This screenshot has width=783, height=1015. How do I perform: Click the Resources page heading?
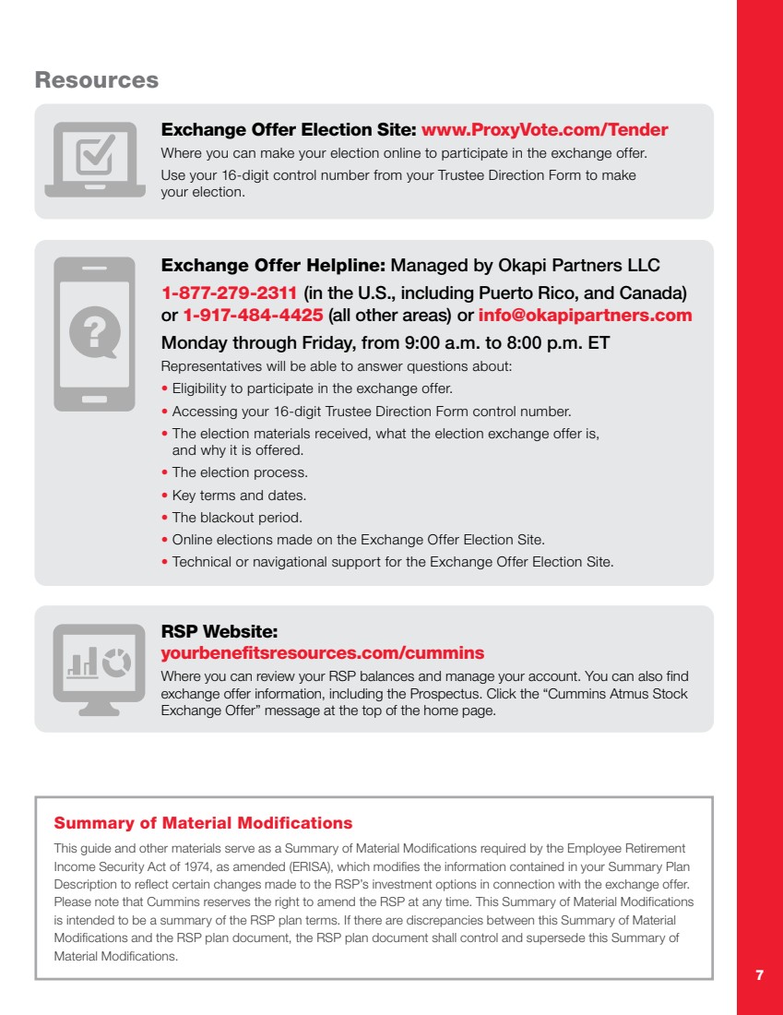pos(97,80)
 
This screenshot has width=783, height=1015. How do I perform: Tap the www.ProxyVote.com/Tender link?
pos(544,130)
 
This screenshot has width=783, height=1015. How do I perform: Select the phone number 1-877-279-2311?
pos(229,294)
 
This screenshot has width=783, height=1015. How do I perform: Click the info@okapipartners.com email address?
pos(585,316)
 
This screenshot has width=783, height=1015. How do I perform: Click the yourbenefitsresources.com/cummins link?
pos(322,653)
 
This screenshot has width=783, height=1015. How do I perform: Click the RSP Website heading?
pos(219,633)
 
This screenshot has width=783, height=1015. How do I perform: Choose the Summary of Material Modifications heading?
pos(203,822)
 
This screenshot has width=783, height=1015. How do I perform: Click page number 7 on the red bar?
pos(759,975)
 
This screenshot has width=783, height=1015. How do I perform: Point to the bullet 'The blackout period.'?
pos(237,518)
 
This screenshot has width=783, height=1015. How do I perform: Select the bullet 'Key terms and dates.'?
pos(239,496)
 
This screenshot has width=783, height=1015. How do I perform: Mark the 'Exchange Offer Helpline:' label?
pos(274,266)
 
